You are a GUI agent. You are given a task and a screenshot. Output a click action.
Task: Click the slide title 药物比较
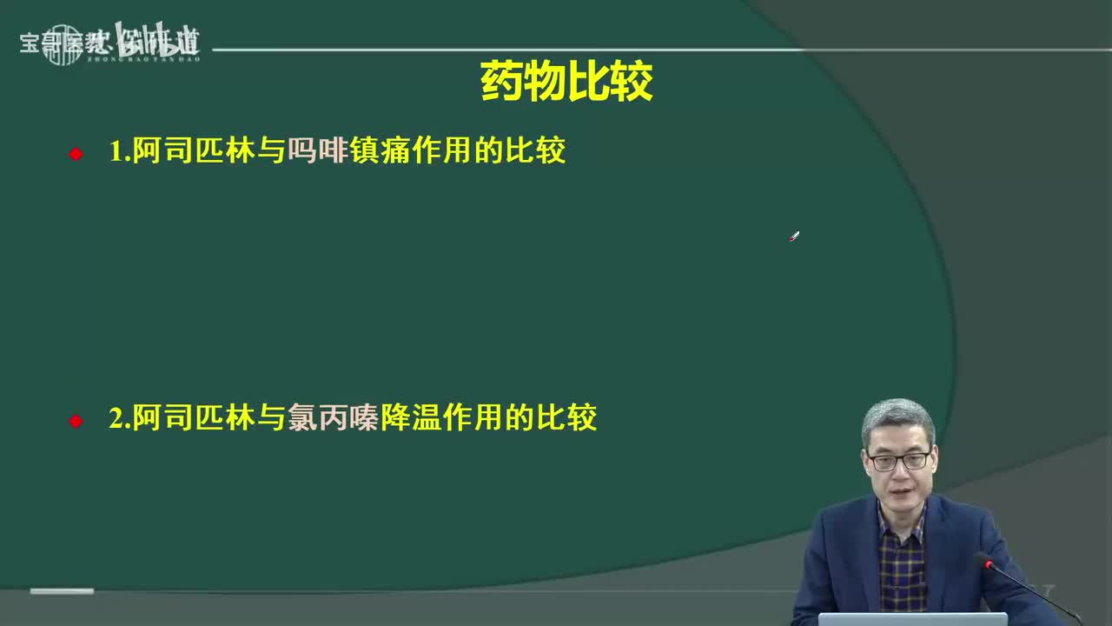click(566, 83)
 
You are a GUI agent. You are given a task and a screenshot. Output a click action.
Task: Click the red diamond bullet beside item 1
click(76, 154)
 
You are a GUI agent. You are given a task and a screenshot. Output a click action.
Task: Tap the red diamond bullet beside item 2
click(76, 421)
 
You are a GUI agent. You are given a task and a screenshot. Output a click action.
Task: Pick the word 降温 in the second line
click(405, 418)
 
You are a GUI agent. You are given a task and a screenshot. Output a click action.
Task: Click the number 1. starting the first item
click(119, 152)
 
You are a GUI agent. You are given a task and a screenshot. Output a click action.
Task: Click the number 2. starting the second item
click(119, 419)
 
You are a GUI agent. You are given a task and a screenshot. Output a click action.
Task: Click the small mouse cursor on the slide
click(794, 236)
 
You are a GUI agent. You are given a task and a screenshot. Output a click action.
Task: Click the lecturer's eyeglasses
click(898, 461)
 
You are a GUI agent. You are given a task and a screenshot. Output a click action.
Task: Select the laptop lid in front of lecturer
click(912, 619)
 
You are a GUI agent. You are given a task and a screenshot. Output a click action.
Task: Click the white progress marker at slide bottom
click(62, 591)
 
